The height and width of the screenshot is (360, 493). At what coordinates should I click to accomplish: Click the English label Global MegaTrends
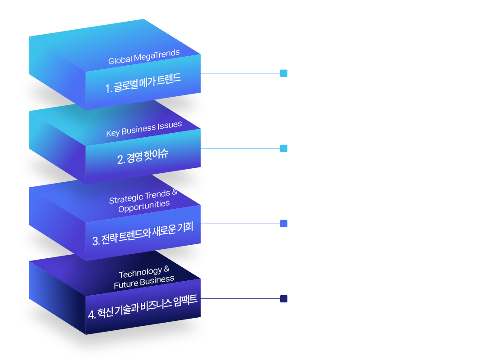pos(144,57)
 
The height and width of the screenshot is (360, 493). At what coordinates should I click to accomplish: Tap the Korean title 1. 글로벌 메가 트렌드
pos(143,84)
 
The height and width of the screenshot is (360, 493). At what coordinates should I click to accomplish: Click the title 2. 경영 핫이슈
pos(143,156)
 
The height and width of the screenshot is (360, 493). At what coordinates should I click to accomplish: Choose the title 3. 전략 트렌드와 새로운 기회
pos(143,234)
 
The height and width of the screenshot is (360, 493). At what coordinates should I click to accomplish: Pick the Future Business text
pos(144,282)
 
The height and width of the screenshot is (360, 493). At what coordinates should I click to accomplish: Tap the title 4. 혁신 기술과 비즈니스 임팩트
pos(143,307)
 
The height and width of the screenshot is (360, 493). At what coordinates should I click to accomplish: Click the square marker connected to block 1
pos(283,73)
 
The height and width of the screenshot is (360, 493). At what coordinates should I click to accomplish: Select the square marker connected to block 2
pos(283,148)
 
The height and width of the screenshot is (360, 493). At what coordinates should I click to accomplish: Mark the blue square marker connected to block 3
pos(283,224)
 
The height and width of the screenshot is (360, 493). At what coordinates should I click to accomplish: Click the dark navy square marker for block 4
pos(283,299)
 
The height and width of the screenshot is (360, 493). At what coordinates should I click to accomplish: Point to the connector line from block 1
pos(240,73)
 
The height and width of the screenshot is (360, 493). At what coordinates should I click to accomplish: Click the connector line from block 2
pos(240,148)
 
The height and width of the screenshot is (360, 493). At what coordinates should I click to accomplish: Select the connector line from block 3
pos(240,224)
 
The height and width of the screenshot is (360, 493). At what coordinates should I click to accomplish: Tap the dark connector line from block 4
pos(240,299)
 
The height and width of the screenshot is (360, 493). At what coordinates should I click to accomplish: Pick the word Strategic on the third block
pos(126,198)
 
